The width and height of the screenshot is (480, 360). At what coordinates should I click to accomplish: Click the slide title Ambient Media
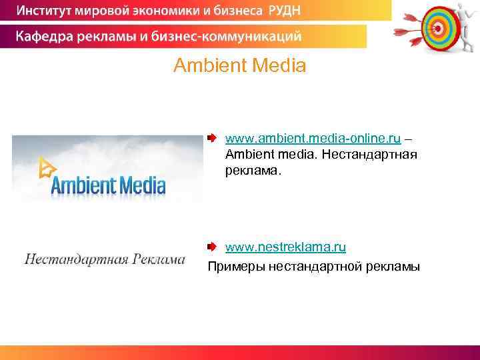pyautogui.click(x=239, y=66)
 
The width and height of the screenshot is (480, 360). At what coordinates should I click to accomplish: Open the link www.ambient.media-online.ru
pyautogui.click(x=313, y=139)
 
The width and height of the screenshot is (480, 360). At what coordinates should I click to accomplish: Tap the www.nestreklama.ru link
pyautogui.click(x=285, y=248)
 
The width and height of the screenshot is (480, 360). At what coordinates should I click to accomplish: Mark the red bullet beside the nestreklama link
pyautogui.click(x=211, y=247)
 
